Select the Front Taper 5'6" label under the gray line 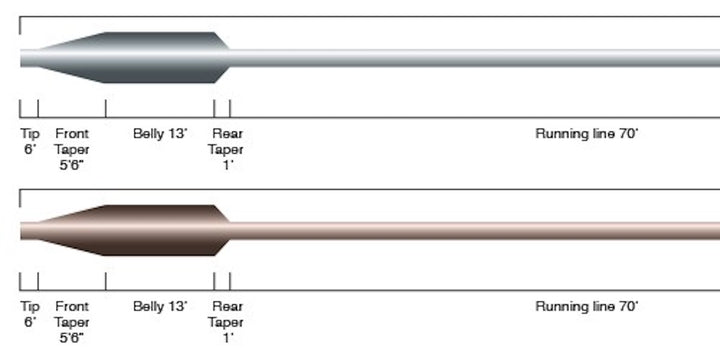72,149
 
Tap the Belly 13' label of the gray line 159,133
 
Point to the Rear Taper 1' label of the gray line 227,149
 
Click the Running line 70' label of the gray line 586,133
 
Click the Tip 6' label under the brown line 29,314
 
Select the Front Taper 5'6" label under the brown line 72,322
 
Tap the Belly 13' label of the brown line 159,306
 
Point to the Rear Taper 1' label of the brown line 227,322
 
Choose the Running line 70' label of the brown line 586,306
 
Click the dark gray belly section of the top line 159,58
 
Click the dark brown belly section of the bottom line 159,231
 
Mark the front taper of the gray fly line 75,58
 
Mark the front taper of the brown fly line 75,231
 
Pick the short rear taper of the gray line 223,58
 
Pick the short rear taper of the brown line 223,231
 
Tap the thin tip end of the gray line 28,58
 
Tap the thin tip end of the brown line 28,231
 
